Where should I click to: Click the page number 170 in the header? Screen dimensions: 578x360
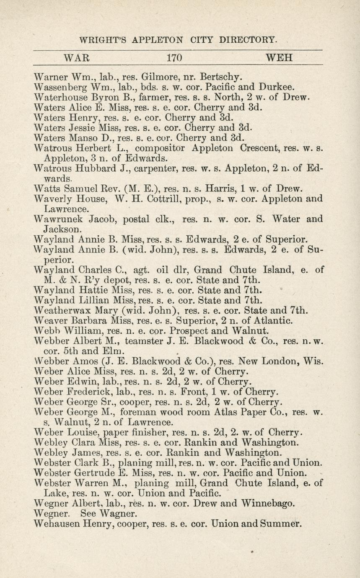point(174,58)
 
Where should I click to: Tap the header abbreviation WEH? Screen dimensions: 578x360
point(279,58)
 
